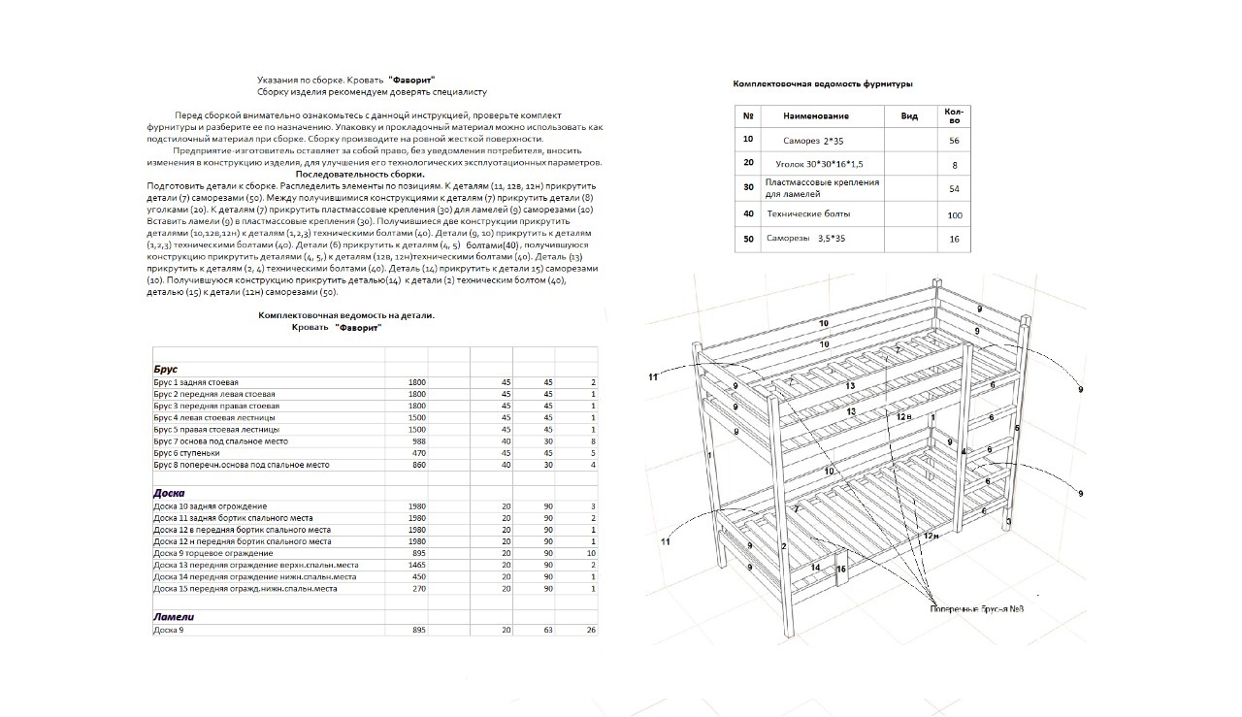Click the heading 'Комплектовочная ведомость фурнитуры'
(x=823, y=84)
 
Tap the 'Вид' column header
(x=909, y=116)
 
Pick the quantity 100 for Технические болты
(x=954, y=214)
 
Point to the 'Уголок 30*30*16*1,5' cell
(x=820, y=165)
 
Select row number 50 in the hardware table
(x=748, y=239)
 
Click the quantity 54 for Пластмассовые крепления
(x=954, y=189)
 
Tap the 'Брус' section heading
(x=165, y=370)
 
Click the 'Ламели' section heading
(x=174, y=616)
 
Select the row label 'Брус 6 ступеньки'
(x=186, y=453)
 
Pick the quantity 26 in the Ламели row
(x=591, y=631)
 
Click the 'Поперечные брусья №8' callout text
(x=977, y=608)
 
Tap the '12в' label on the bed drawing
(x=903, y=416)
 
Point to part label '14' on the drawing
(x=815, y=567)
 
